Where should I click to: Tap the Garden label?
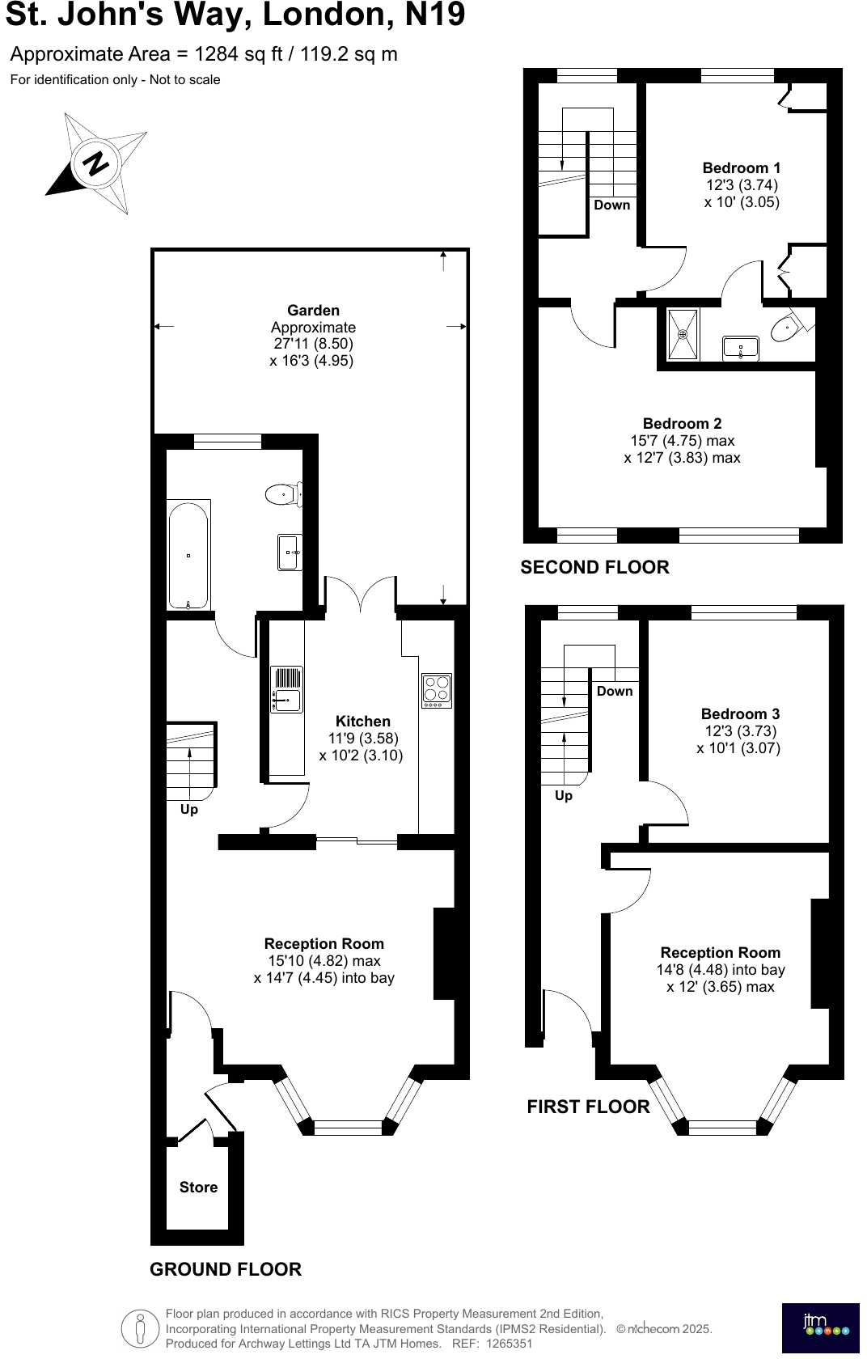pyautogui.click(x=313, y=311)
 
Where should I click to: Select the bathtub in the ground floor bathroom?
pyautogui.click(x=188, y=555)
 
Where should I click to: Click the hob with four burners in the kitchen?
pyautogui.click(x=437, y=690)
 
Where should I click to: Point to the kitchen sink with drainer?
pyautogui.click(x=286, y=690)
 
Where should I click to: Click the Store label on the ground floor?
pyautogui.click(x=198, y=1188)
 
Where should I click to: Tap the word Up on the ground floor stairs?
pyautogui.click(x=188, y=810)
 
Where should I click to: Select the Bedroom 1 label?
pyautogui.click(x=741, y=168)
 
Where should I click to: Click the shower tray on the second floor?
pyautogui.click(x=683, y=334)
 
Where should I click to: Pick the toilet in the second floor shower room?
pyautogui.click(x=788, y=328)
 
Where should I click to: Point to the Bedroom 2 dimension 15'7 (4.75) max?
pyautogui.click(x=682, y=441)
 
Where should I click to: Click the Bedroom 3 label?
pyautogui.click(x=740, y=714)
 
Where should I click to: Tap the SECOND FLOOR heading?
pyautogui.click(x=594, y=568)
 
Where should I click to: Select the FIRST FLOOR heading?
pyautogui.click(x=588, y=1107)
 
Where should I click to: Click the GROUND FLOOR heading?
pyautogui.click(x=225, y=1270)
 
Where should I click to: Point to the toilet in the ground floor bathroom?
pyautogui.click(x=281, y=493)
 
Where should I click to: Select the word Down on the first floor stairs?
pyautogui.click(x=615, y=692)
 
